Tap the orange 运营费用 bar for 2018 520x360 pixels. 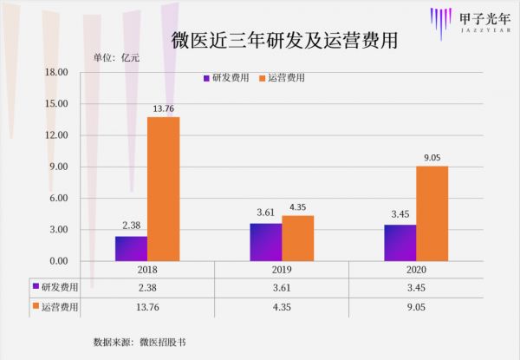pyautogui.click(x=163, y=188)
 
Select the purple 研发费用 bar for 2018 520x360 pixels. pyautogui.click(x=131, y=248)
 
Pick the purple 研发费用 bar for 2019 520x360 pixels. pyautogui.click(x=265, y=242)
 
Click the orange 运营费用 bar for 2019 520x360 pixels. pyautogui.click(x=297, y=238)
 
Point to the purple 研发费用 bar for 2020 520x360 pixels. pyautogui.click(x=400, y=243)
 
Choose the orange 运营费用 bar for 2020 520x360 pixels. pyautogui.click(x=432, y=213)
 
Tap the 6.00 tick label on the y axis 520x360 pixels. pyautogui.click(x=58, y=198)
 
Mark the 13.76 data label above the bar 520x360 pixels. pyautogui.click(x=163, y=108)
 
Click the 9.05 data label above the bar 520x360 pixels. pyautogui.click(x=432, y=158)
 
